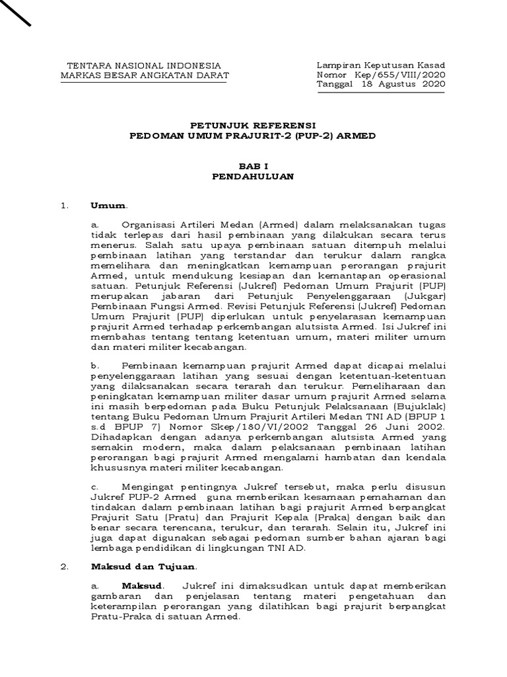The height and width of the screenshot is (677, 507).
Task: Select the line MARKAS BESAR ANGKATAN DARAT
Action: [145, 75]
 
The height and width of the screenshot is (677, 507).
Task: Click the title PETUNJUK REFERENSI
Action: [253, 125]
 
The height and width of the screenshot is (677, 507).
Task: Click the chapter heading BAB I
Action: [253, 167]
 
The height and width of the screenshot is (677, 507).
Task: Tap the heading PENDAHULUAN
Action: [253, 177]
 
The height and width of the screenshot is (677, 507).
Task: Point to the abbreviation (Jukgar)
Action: [426, 298]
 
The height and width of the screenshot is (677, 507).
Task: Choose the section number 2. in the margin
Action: [64, 567]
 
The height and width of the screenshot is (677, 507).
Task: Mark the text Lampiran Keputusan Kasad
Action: [381, 65]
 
